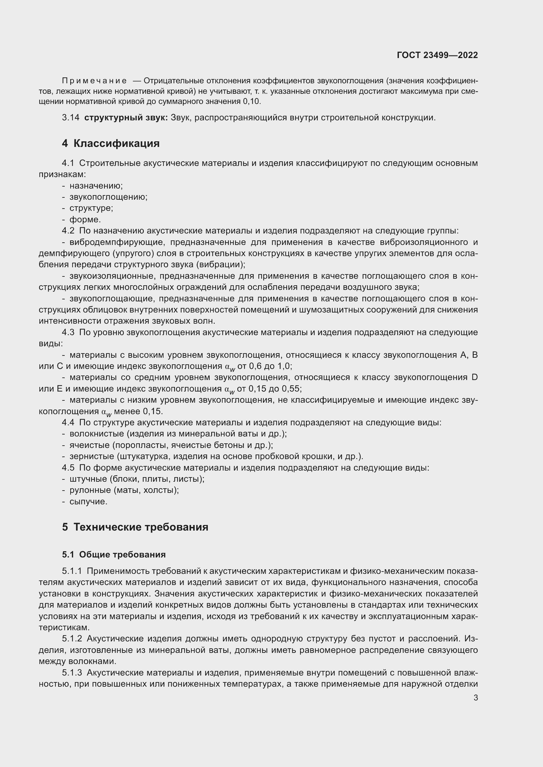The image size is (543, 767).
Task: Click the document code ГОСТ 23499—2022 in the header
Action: [437, 55]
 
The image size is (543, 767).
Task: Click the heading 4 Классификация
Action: [111, 143]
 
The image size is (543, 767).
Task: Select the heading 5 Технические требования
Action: [135, 527]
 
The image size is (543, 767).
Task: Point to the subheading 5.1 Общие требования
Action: [114, 555]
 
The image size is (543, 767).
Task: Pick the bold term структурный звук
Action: [126, 118]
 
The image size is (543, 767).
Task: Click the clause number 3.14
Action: [71, 118]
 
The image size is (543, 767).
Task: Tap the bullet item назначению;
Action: [96, 186]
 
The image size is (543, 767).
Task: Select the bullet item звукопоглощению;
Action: [108, 197]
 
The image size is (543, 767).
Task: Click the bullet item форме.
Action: [85, 219]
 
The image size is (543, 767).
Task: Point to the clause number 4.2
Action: [68, 231]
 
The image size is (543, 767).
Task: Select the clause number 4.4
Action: [68, 423]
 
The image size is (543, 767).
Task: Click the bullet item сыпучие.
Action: [88, 501]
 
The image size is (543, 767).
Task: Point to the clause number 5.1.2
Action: [72, 639]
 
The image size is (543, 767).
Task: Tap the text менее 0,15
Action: [138, 411]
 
